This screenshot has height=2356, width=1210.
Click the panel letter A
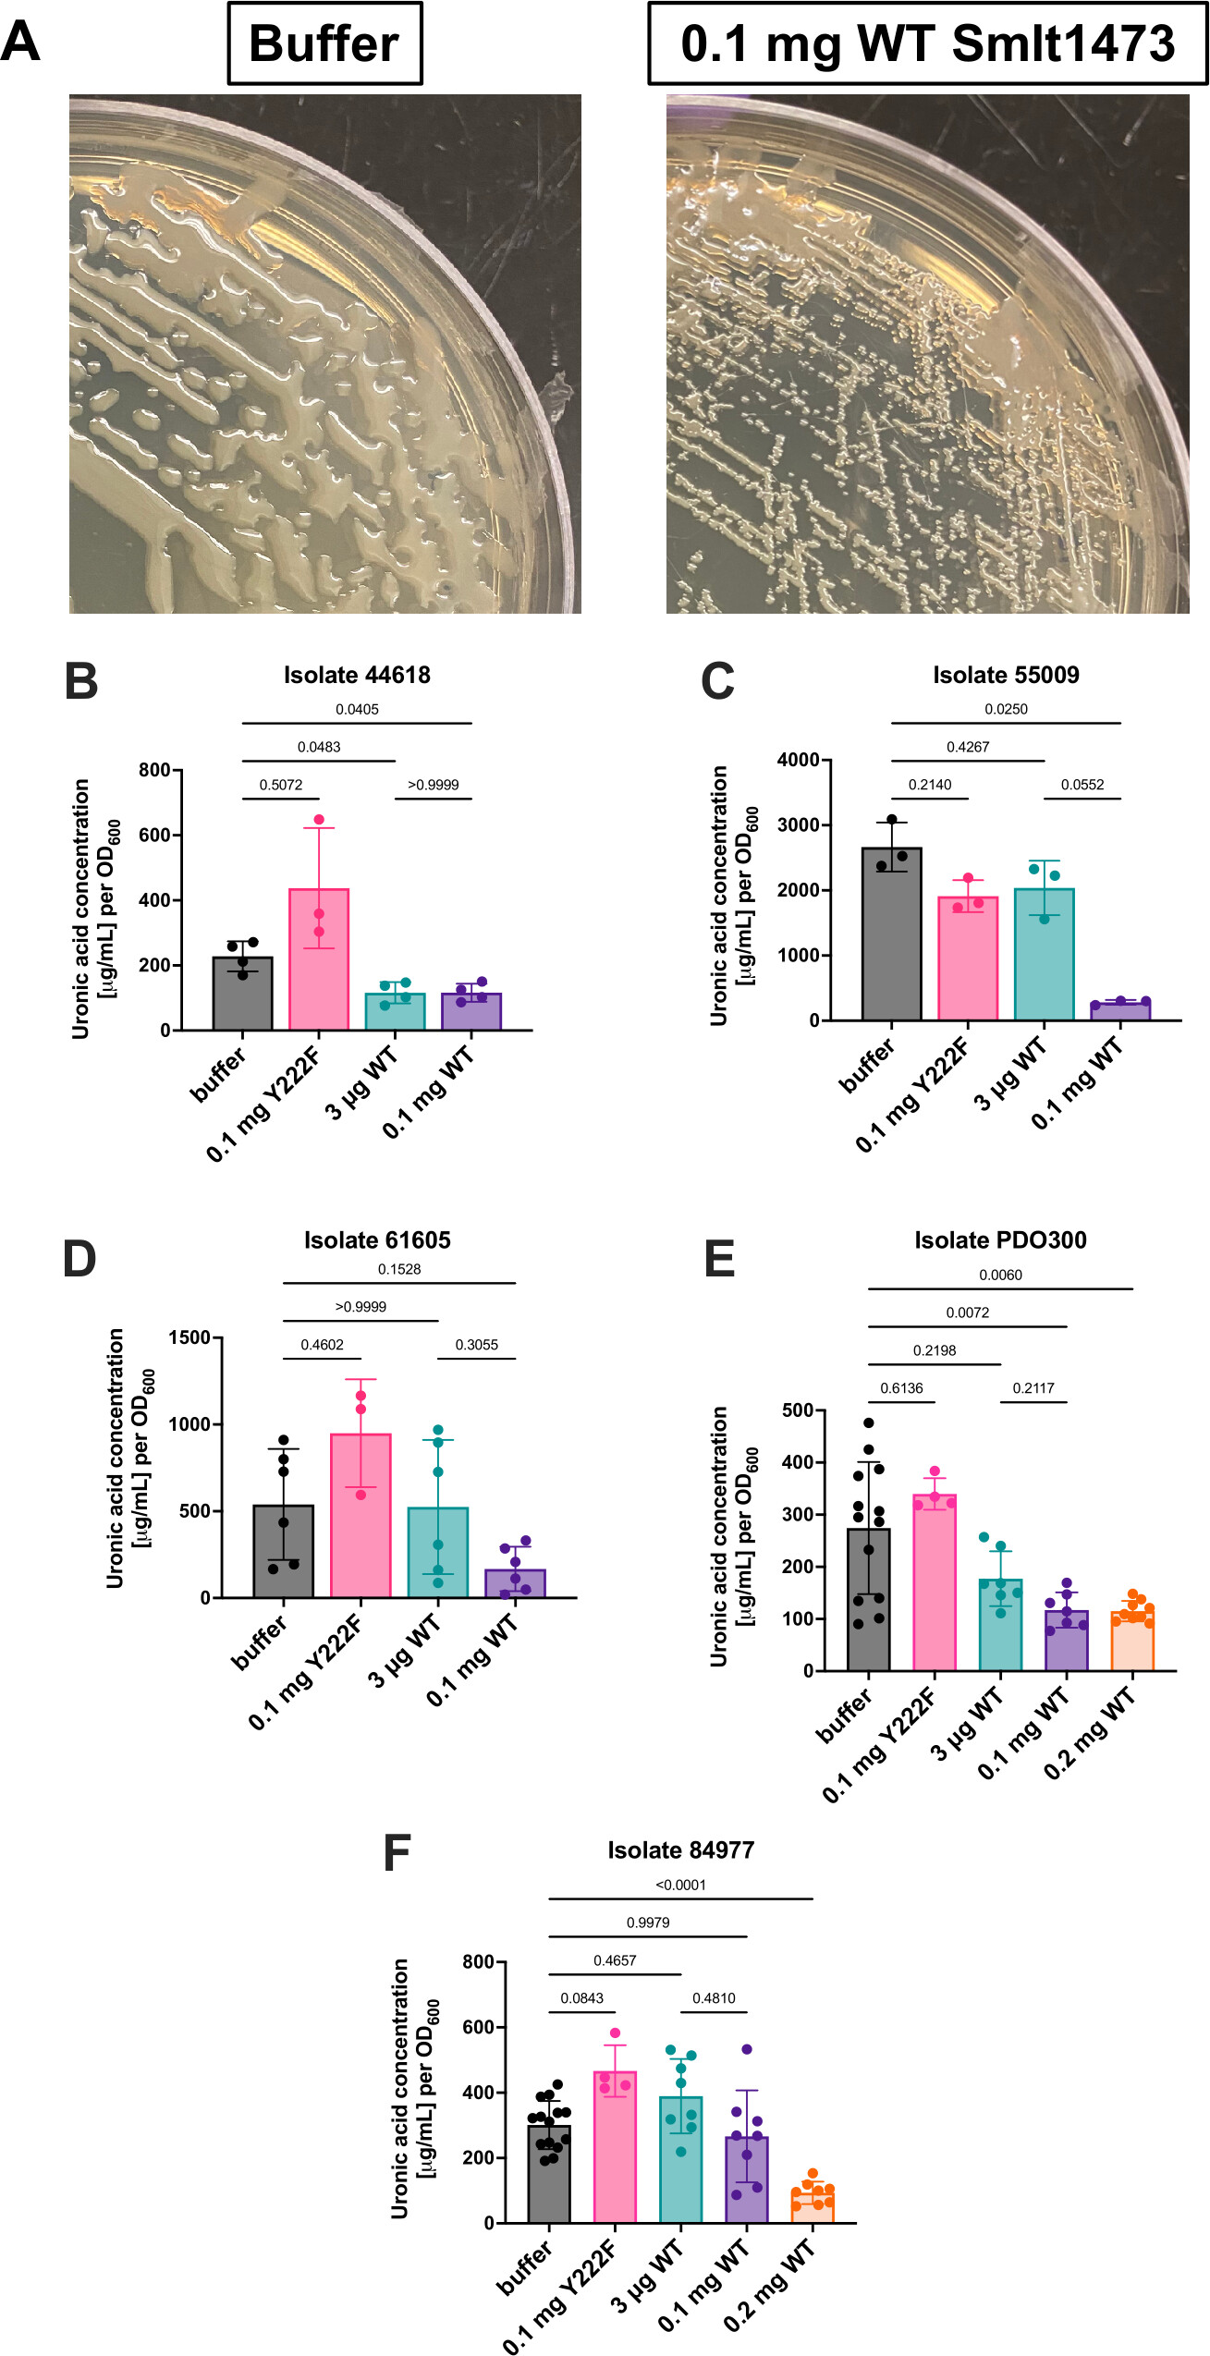coord(20,42)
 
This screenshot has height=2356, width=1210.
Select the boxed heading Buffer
coord(324,43)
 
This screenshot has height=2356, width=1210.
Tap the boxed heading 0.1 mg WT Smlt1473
coord(927,43)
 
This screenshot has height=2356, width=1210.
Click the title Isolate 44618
coord(357,675)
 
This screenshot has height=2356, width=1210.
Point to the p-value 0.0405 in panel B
coord(357,709)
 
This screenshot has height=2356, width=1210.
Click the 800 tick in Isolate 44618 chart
coord(154,770)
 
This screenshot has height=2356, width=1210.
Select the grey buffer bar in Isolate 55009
coord(892,934)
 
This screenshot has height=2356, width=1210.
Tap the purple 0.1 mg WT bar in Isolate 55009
coord(1120,1010)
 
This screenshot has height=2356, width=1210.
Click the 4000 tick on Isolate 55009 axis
coord(799,760)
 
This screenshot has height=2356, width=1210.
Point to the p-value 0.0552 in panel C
coord(1082,785)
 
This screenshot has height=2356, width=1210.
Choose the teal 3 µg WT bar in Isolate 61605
coord(438,1553)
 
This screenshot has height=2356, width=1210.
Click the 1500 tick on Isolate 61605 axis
coord(189,1337)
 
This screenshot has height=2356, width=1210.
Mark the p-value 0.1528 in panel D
coord(399,1269)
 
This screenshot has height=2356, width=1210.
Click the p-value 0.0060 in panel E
coord(1000,1275)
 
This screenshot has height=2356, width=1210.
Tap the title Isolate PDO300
coord(1000,1240)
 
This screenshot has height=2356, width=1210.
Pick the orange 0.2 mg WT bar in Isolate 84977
coord(813,2204)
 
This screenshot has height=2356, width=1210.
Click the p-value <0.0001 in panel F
coord(680,1885)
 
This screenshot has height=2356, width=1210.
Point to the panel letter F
coord(397,1853)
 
